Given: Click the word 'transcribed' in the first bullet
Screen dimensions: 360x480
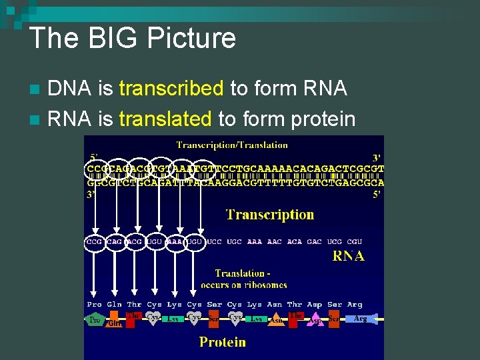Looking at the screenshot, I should (x=170, y=88).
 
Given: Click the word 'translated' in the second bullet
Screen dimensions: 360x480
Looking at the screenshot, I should (x=165, y=119).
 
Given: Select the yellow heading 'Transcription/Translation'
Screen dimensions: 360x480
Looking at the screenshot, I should (x=232, y=145).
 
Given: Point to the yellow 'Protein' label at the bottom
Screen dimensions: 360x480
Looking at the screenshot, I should (x=223, y=342).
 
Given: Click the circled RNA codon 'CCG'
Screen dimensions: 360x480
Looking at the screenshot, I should (x=95, y=241).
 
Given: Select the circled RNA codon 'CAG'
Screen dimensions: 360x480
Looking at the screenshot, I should (x=115, y=241).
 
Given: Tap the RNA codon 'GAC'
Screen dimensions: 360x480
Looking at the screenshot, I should (x=314, y=241).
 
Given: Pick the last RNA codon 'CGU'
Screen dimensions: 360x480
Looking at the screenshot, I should (x=355, y=241).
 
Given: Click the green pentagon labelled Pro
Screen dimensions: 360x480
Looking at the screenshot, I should (x=95, y=320).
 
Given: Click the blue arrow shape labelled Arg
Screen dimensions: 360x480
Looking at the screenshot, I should (x=361, y=319).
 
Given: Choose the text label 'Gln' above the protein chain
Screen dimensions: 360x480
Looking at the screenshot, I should (x=115, y=304).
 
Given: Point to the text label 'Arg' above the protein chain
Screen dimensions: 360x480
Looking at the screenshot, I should (x=355, y=304).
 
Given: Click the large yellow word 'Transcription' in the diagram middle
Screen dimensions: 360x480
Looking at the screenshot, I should (x=269, y=215).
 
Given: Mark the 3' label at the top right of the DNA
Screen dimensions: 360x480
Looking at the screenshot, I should (x=377, y=157).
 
